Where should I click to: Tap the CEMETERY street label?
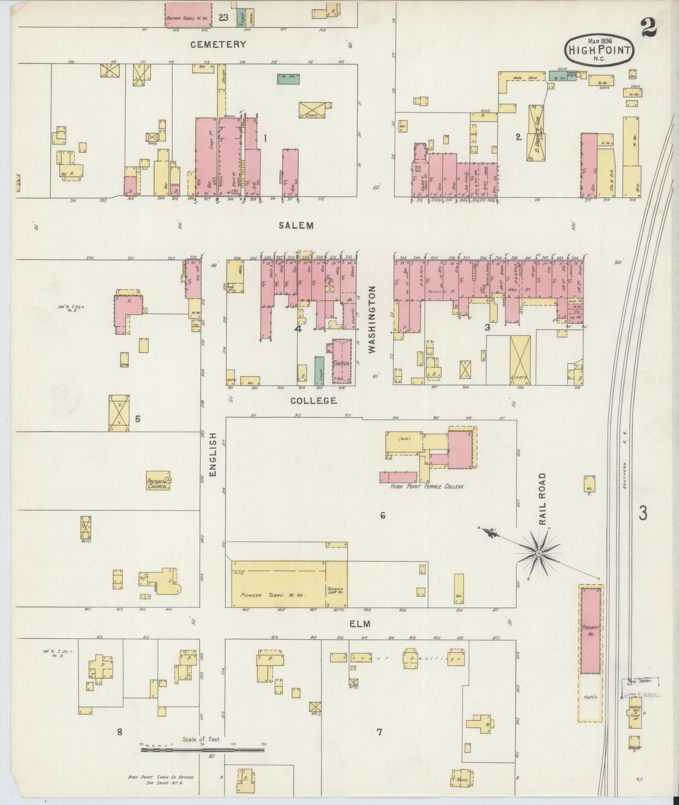[218, 45]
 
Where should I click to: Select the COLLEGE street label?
[313, 401]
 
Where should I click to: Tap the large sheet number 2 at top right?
[648, 29]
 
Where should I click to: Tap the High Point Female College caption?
[428, 488]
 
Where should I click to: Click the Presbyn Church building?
[158, 480]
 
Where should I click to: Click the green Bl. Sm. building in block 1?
[289, 78]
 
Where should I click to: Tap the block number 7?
[379, 732]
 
